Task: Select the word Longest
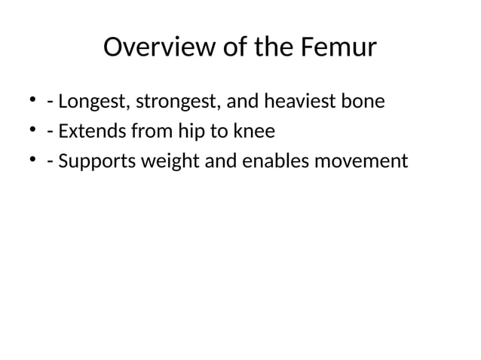[93, 100]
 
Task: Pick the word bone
[363, 100]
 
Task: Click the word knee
[254, 131]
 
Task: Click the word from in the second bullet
[154, 131]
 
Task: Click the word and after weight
[221, 161]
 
